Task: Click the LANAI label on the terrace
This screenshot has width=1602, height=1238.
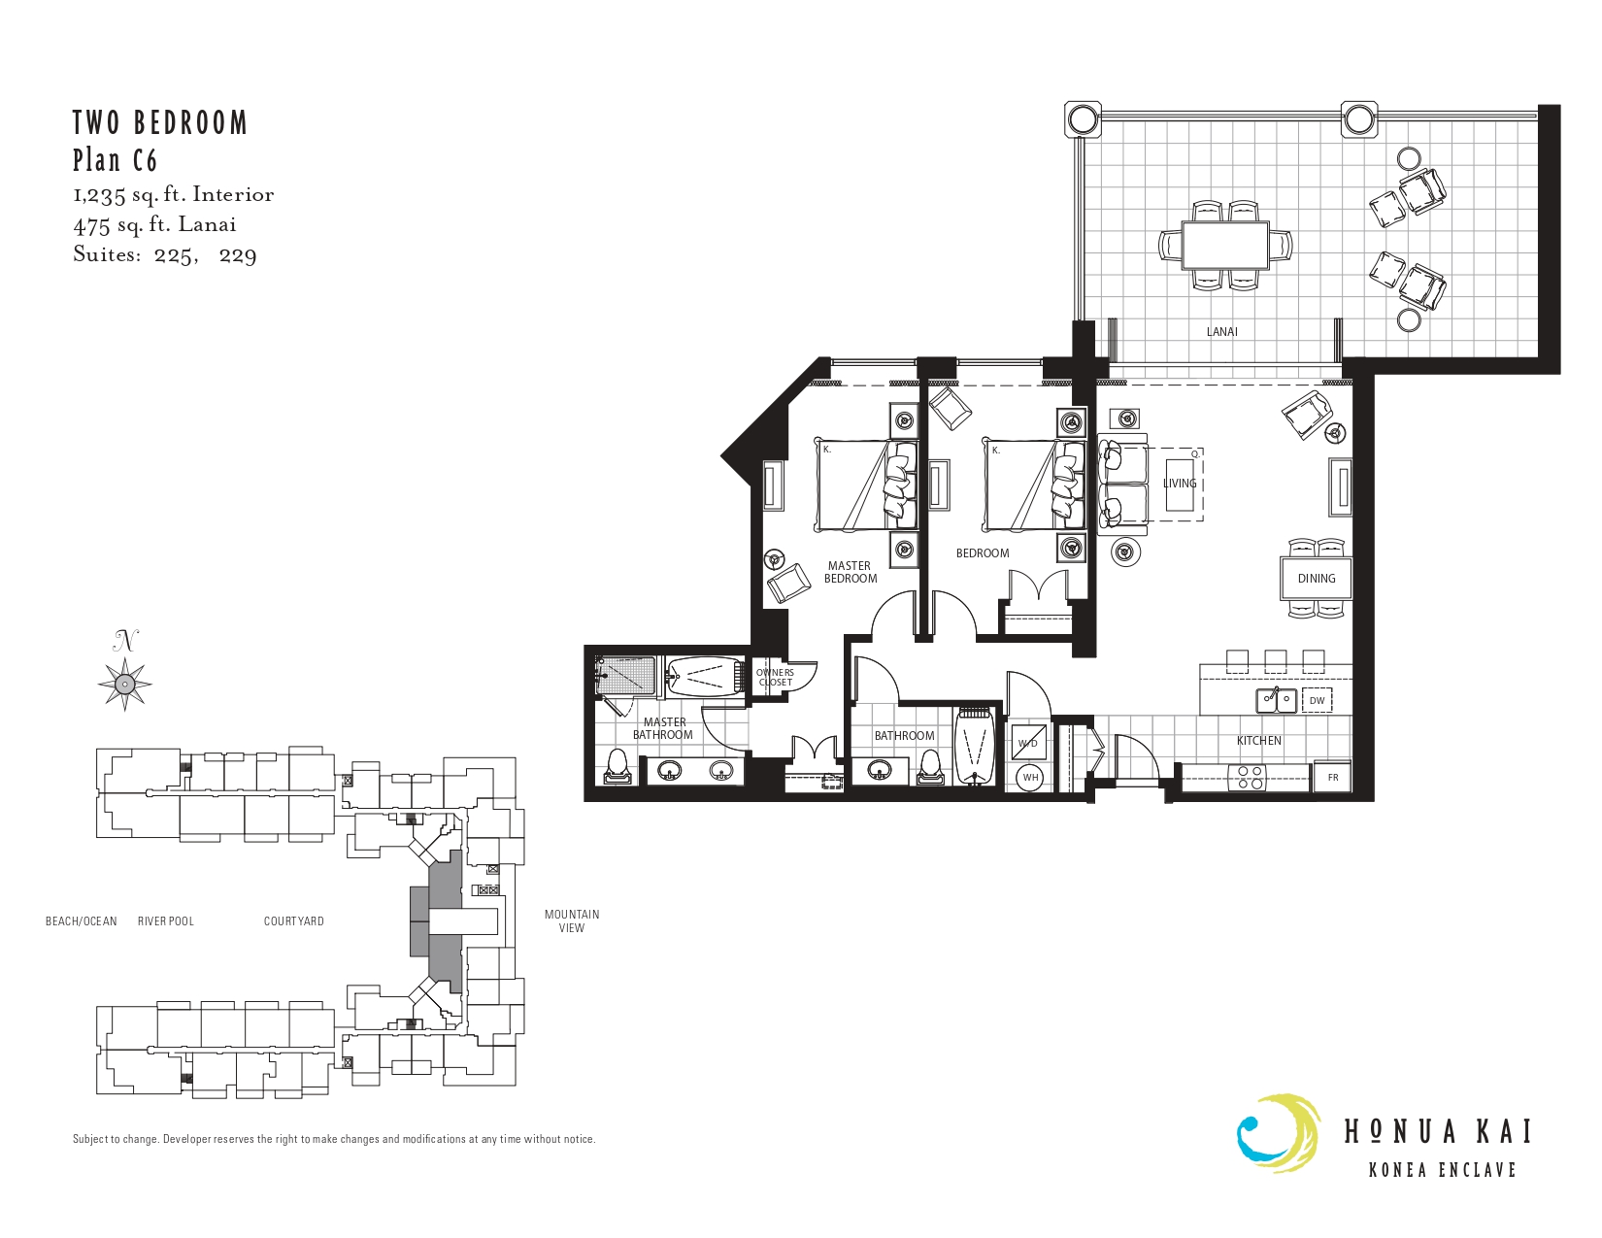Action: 1221,332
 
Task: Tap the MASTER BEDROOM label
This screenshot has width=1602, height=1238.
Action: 850,572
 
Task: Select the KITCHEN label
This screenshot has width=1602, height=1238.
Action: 1258,740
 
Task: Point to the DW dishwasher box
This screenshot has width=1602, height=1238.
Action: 1317,700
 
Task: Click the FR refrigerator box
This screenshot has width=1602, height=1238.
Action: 1333,777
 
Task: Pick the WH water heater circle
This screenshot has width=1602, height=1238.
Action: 1030,777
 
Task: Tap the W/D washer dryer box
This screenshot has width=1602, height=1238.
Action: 1027,743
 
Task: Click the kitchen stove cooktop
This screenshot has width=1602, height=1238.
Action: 1247,778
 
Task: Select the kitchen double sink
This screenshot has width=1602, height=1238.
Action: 1276,700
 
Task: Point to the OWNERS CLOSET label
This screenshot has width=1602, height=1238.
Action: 775,677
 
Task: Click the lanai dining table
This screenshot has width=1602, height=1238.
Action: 1225,246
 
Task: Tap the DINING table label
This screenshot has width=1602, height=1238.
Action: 1316,578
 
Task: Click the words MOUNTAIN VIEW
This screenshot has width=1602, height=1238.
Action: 571,920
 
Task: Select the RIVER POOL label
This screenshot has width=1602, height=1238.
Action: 166,920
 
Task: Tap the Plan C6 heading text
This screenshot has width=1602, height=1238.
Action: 115,160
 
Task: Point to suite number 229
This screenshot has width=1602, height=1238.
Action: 238,256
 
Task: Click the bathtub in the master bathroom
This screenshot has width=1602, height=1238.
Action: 704,676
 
